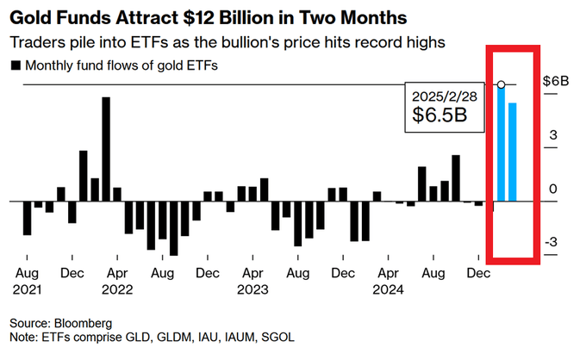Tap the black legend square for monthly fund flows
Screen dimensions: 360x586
pos(15,65)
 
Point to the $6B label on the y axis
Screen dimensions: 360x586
pos(555,80)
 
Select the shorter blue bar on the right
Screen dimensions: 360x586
pos(513,152)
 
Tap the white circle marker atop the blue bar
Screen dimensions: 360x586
pos(501,84)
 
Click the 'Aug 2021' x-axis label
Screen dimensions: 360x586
pos(27,281)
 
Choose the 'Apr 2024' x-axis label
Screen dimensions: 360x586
pos(388,281)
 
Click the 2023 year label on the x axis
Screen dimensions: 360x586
pos(252,289)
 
